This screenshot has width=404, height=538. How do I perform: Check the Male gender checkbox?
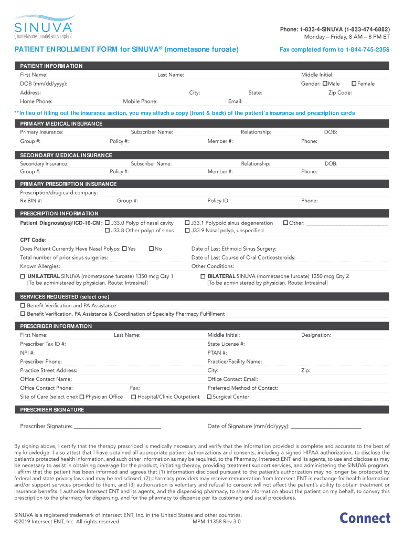pos(325,84)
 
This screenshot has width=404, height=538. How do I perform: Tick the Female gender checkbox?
pos(354,84)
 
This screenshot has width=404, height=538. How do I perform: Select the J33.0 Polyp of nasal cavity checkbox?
pos(107,223)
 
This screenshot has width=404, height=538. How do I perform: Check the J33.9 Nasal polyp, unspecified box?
pos(187,231)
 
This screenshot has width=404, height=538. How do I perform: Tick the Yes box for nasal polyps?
pos(124,249)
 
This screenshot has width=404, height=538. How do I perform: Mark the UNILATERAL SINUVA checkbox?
pos(23,276)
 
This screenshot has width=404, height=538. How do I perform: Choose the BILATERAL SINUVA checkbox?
pos(203,276)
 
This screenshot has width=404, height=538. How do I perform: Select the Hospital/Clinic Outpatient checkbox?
pos(134,397)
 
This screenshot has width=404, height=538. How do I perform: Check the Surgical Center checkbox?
pos(209,397)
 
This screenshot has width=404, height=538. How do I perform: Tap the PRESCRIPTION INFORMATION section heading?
pos(59,213)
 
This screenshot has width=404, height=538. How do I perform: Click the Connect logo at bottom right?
pos(365,518)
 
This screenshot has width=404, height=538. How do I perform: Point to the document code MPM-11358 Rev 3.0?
pos(217,522)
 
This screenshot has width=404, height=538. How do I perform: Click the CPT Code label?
pos(33,240)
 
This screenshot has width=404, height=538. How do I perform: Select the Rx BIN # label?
pos(31,201)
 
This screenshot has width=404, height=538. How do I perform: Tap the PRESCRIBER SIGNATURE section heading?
pos(52,410)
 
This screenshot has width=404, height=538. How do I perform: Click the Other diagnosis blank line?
pos(347,224)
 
